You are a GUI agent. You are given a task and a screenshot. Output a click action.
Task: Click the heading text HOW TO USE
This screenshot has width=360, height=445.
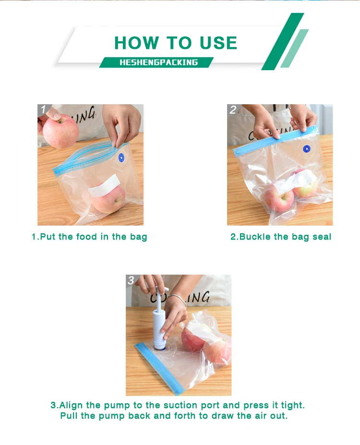176,43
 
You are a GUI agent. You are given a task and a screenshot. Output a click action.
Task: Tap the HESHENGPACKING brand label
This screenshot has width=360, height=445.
158,62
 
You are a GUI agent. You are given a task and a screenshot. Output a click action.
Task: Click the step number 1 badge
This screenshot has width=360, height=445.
43,109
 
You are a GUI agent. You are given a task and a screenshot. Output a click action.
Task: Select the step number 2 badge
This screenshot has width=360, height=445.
233,109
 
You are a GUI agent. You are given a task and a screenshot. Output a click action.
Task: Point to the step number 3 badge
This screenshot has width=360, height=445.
131,280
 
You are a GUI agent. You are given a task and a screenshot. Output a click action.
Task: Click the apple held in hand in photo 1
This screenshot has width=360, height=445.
60,131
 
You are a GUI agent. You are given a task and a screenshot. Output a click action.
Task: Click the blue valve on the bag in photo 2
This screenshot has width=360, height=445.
307,149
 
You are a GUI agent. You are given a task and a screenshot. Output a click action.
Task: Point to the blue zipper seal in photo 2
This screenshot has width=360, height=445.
275,140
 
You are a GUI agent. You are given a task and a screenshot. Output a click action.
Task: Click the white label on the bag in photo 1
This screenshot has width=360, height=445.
104,185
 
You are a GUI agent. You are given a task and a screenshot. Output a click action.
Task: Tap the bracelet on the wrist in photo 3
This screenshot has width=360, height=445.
178,298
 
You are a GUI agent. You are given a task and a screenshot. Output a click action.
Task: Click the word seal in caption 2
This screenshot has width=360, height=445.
322,237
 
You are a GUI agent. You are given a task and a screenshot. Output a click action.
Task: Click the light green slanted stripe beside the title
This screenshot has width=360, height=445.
294,48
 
